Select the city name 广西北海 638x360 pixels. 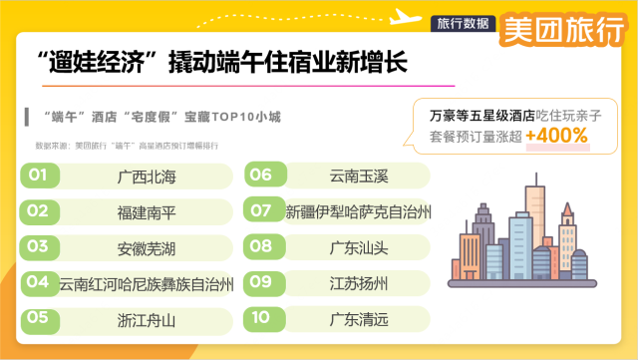[x=146, y=177]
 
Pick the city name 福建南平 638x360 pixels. [x=146, y=211]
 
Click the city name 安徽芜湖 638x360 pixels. [x=146, y=246]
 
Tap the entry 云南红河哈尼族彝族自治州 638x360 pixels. [x=146, y=283]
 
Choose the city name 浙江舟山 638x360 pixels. [x=146, y=319]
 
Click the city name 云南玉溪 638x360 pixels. [x=357, y=176]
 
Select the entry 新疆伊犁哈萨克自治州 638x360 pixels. [x=358, y=211]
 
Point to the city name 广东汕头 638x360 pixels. [x=357, y=246]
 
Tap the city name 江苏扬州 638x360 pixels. [x=357, y=283]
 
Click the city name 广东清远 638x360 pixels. [x=357, y=319]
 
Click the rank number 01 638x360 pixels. [x=38, y=176]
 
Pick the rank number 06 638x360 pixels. [x=261, y=176]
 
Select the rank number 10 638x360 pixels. [x=261, y=319]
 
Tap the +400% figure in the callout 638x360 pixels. [x=557, y=137]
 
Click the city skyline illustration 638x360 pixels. [x=517, y=238]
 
